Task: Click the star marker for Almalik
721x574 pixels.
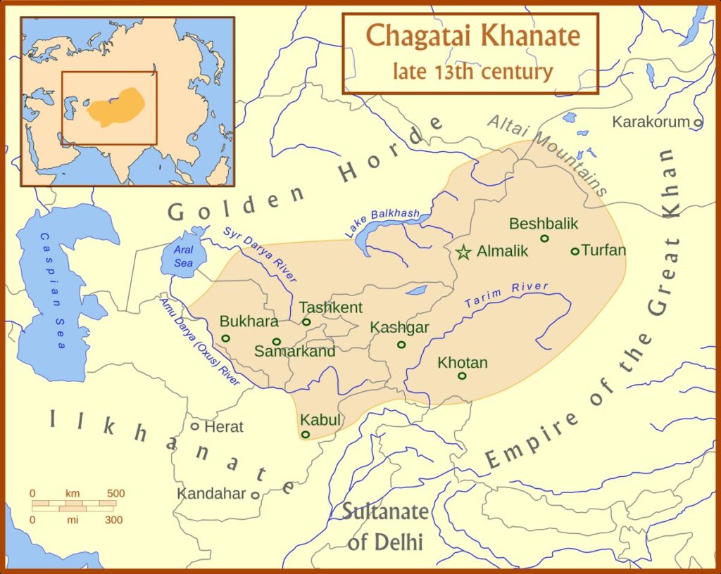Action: click(x=463, y=252)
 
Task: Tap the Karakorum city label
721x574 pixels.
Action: click(x=651, y=122)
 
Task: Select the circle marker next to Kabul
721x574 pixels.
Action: click(x=306, y=435)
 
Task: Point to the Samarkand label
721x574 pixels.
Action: click(x=294, y=352)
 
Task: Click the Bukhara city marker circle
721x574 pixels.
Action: click(x=225, y=338)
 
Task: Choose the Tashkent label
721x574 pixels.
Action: click(x=330, y=307)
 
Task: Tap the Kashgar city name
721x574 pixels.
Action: click(x=399, y=328)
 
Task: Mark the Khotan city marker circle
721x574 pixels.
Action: click(x=462, y=376)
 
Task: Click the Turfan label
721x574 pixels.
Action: click(x=603, y=250)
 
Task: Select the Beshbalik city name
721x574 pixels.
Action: click(x=543, y=224)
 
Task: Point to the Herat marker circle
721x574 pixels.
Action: click(x=195, y=426)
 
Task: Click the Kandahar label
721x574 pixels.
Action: click(x=211, y=494)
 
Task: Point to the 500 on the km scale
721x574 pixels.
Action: click(x=115, y=494)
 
